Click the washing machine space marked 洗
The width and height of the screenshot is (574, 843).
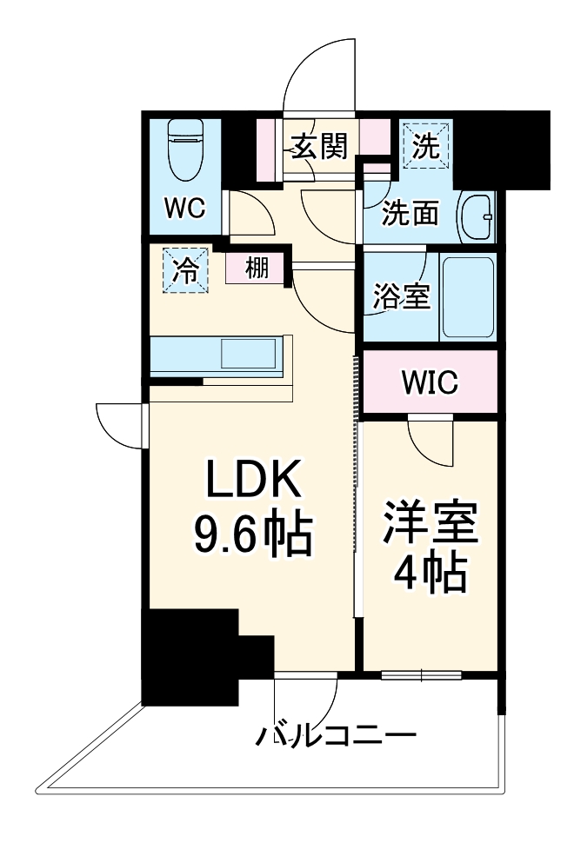click(x=425, y=145)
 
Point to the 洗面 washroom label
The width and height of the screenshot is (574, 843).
click(x=411, y=213)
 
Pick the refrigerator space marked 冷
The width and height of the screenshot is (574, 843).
click(x=184, y=269)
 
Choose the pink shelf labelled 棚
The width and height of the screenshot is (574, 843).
click(x=256, y=269)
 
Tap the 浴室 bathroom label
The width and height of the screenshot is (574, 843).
click(x=401, y=297)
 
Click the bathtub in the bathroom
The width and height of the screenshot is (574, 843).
click(x=469, y=297)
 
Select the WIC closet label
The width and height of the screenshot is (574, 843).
click(x=430, y=382)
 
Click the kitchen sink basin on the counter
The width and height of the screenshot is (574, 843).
click(x=249, y=355)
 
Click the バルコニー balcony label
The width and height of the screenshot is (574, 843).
click(x=335, y=737)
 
